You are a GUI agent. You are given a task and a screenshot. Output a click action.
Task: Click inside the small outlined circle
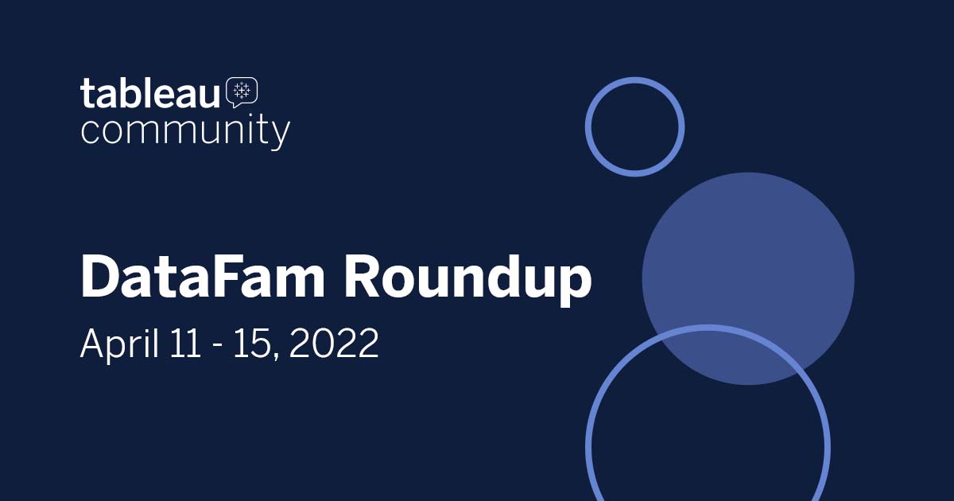coord(634,126)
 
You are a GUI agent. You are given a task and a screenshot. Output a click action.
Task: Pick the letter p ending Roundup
coord(573,285)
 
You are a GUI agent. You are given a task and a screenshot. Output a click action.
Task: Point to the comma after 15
coord(276,354)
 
